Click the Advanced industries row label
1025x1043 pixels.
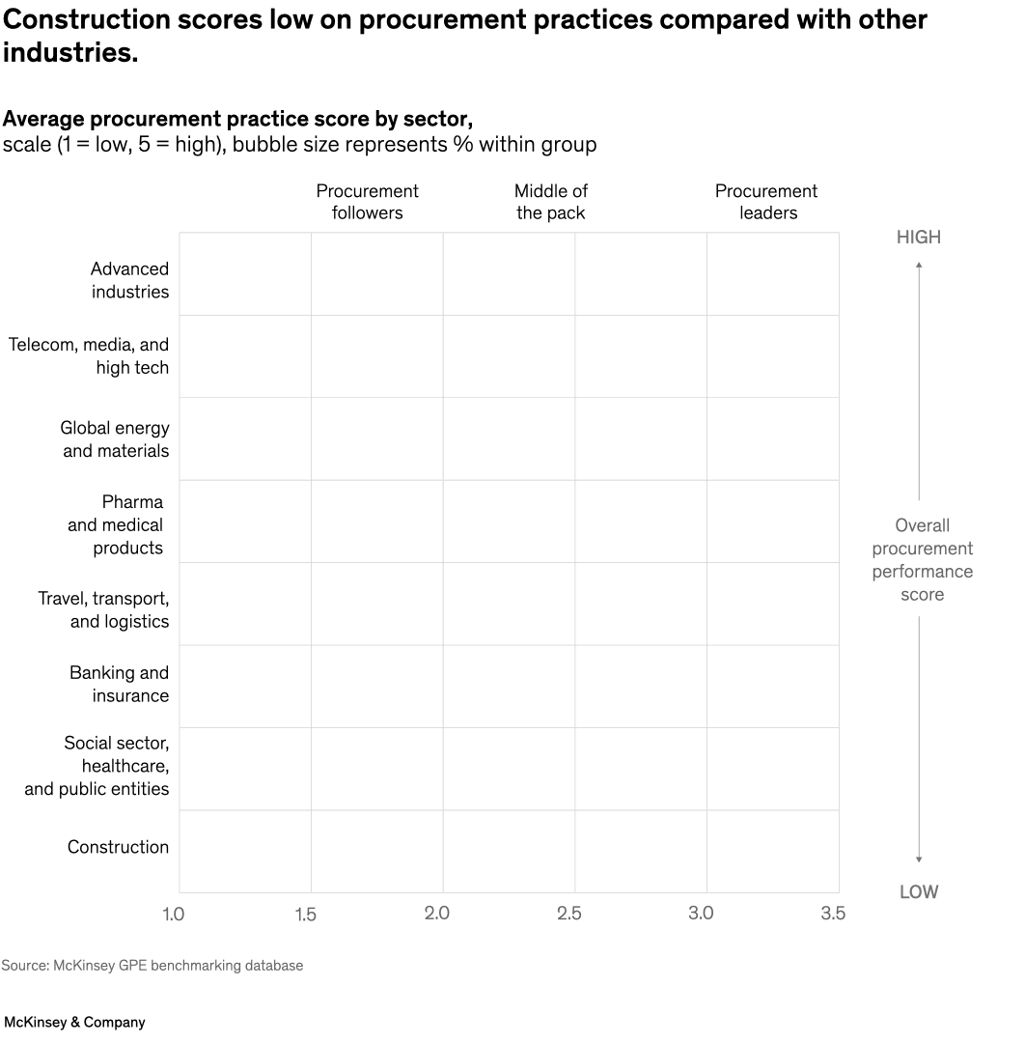pyautogui.click(x=129, y=280)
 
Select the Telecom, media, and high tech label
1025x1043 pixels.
pyautogui.click(x=89, y=356)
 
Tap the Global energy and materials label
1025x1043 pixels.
pyautogui.click(x=114, y=439)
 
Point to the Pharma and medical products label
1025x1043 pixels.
pyautogui.click(x=116, y=524)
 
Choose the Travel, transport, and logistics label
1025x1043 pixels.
pyautogui.click(x=103, y=610)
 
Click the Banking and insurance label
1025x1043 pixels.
pyautogui.click(x=119, y=684)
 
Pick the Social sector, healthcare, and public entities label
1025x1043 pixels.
pyautogui.click(x=97, y=766)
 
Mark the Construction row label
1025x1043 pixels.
pyautogui.click(x=118, y=847)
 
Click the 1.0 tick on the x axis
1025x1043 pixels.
pyautogui.click(x=174, y=914)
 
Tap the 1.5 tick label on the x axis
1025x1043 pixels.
pyautogui.click(x=305, y=914)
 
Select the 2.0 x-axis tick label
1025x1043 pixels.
pyautogui.click(x=437, y=914)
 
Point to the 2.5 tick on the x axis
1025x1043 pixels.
pyautogui.click(x=569, y=914)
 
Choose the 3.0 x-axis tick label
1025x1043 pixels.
pyautogui.click(x=701, y=914)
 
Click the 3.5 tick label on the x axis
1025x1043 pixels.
pyautogui.click(x=832, y=914)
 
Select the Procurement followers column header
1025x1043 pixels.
pyautogui.click(x=367, y=202)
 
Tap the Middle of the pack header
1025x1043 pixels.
pyautogui.click(x=550, y=202)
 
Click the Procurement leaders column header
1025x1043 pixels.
pyautogui.click(x=766, y=202)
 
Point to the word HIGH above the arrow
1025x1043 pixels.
pyautogui.click(x=918, y=238)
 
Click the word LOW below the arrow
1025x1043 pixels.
pyautogui.click(x=918, y=892)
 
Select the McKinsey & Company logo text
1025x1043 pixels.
pyautogui.click(x=74, y=1022)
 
